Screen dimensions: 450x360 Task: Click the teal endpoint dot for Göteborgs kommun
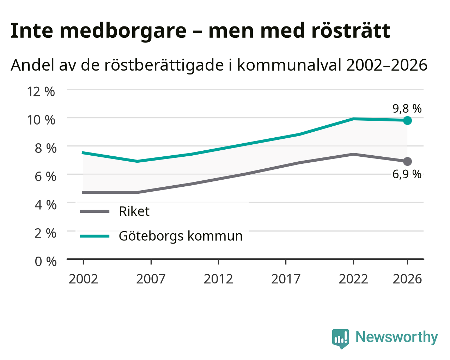(x=407, y=121)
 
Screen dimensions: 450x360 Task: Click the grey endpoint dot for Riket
(x=407, y=161)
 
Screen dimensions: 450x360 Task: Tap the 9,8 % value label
(x=407, y=109)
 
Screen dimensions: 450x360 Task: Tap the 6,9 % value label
(x=407, y=174)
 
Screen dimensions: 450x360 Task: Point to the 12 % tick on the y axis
(x=41, y=92)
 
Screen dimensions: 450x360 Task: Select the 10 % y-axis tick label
(x=41, y=120)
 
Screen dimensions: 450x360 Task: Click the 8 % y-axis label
(x=45, y=148)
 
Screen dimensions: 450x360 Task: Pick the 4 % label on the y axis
(x=45, y=205)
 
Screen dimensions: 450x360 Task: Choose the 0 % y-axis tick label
(x=45, y=262)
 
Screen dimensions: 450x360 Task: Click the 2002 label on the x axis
(x=83, y=279)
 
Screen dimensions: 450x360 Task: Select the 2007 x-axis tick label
(x=151, y=279)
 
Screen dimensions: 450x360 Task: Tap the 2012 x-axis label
(x=218, y=279)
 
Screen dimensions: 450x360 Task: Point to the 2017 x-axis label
(x=286, y=279)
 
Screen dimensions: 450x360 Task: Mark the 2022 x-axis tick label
(x=353, y=279)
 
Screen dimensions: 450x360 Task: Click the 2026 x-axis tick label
(x=407, y=279)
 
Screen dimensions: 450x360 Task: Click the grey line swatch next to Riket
(x=95, y=211)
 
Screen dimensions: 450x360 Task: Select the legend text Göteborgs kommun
(x=181, y=236)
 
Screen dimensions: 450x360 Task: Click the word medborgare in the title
(x=123, y=31)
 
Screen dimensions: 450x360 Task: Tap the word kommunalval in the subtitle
(x=289, y=65)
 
